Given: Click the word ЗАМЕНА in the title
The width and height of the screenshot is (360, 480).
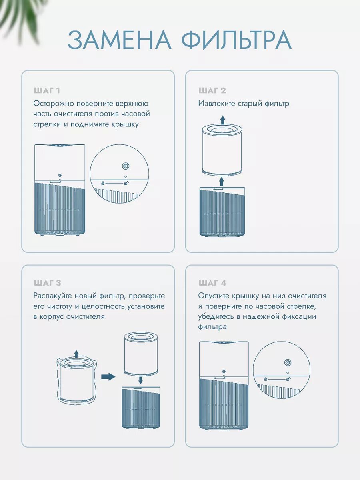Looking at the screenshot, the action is point(119,40).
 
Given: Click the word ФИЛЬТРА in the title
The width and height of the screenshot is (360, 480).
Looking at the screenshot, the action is point(237,40).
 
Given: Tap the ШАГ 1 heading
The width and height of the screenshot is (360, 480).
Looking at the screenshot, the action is point(47,90).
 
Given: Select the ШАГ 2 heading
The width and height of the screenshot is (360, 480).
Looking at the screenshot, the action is point(212,90).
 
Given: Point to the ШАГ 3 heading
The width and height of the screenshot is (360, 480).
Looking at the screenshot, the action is point(48,283).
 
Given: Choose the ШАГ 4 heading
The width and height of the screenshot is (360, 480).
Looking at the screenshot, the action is point(212,283).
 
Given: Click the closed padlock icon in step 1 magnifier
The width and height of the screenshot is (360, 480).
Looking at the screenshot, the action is point(103,183).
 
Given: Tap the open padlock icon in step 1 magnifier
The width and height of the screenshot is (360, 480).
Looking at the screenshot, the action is point(126,183).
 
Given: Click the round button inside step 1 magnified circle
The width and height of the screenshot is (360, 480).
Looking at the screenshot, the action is point(126,166).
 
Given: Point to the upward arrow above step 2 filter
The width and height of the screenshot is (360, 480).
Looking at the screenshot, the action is point(222,120).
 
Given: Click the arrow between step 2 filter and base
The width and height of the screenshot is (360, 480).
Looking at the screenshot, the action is point(222,182).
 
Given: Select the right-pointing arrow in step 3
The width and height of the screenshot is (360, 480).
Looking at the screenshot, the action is point(108,377).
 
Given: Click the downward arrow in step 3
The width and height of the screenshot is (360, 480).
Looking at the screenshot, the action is point(140,380).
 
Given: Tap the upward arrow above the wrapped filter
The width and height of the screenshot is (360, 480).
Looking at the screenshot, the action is point(76,354).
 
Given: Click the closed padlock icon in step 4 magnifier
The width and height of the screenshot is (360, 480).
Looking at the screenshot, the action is point(266,379).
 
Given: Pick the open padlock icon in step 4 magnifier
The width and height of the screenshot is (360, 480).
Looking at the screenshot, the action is point(288,379).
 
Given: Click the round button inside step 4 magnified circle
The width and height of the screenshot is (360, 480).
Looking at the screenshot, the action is point(288,362).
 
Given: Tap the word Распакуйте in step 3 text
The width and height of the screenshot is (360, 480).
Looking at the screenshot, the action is point(52,296).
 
